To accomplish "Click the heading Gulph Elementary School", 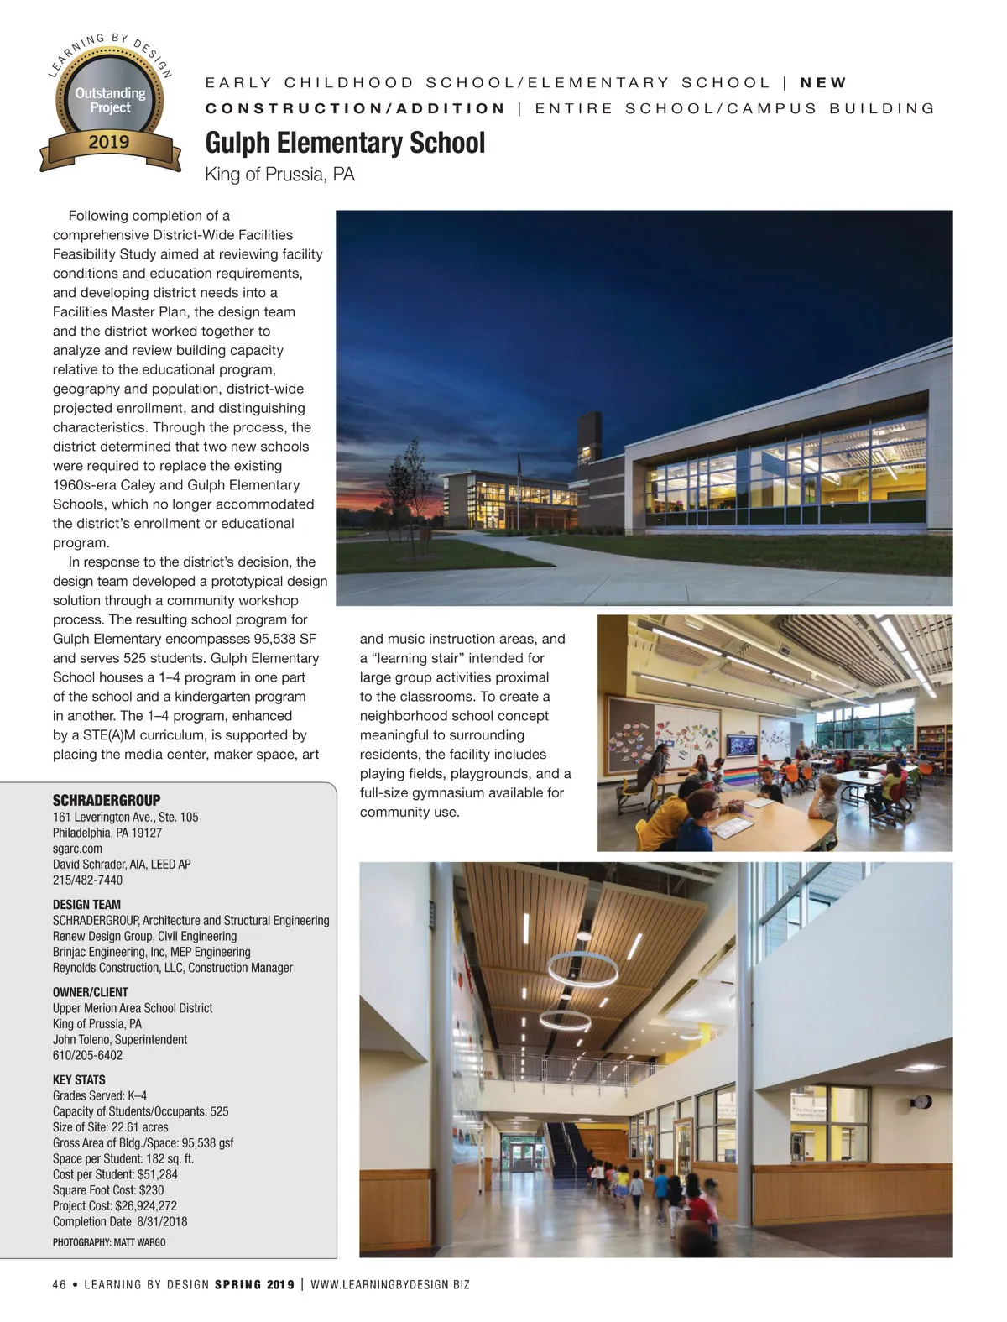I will point(345,143).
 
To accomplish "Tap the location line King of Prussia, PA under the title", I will point(279,175).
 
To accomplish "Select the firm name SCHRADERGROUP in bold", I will point(106,800).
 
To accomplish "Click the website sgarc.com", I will point(77,849).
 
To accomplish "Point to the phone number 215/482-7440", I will point(87,880).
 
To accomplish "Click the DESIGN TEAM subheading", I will point(86,904).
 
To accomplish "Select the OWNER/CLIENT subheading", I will point(90,991).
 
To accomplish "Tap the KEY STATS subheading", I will point(79,1079).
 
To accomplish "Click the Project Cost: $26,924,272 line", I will point(115,1205).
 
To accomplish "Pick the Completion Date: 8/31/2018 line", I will point(120,1221).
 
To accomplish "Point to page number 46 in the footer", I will point(59,1284).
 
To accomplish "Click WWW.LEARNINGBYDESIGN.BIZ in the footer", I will point(390,1284).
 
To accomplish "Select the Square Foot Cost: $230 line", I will point(108,1189).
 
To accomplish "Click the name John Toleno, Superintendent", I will point(120,1039).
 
